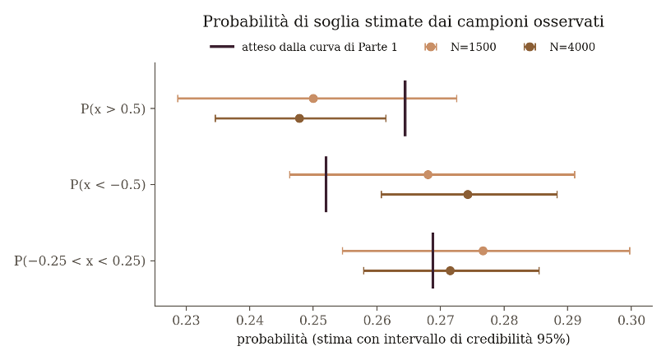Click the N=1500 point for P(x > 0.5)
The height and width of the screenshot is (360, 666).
pos(313,99)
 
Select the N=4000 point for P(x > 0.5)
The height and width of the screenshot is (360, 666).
pos(299,118)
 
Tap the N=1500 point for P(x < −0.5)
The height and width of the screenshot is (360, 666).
pos(428,174)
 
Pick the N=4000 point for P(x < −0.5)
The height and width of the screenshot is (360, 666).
pos(468,195)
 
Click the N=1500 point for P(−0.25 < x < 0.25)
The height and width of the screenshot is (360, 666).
pos(483,251)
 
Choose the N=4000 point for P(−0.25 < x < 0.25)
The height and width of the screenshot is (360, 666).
pos(451,271)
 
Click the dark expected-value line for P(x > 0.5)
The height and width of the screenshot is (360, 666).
pos(405,108)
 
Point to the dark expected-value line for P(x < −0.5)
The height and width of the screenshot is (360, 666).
pos(326,184)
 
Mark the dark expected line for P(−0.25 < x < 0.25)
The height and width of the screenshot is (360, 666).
pos(432,261)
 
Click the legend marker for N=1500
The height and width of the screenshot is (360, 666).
pos(431,47)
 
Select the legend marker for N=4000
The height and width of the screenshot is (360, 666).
pos(530,47)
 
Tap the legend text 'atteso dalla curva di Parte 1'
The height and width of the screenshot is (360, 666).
pos(319,47)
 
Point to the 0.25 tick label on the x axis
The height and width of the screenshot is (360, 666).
pos(313,320)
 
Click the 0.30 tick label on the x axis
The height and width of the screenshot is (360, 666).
pos(631,320)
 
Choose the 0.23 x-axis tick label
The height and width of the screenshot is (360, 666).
pos(186,320)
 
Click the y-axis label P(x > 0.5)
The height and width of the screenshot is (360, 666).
pos(113,109)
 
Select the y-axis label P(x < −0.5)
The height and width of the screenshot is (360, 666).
pos(108,185)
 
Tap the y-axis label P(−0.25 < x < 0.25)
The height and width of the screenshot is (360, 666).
pos(80,261)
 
